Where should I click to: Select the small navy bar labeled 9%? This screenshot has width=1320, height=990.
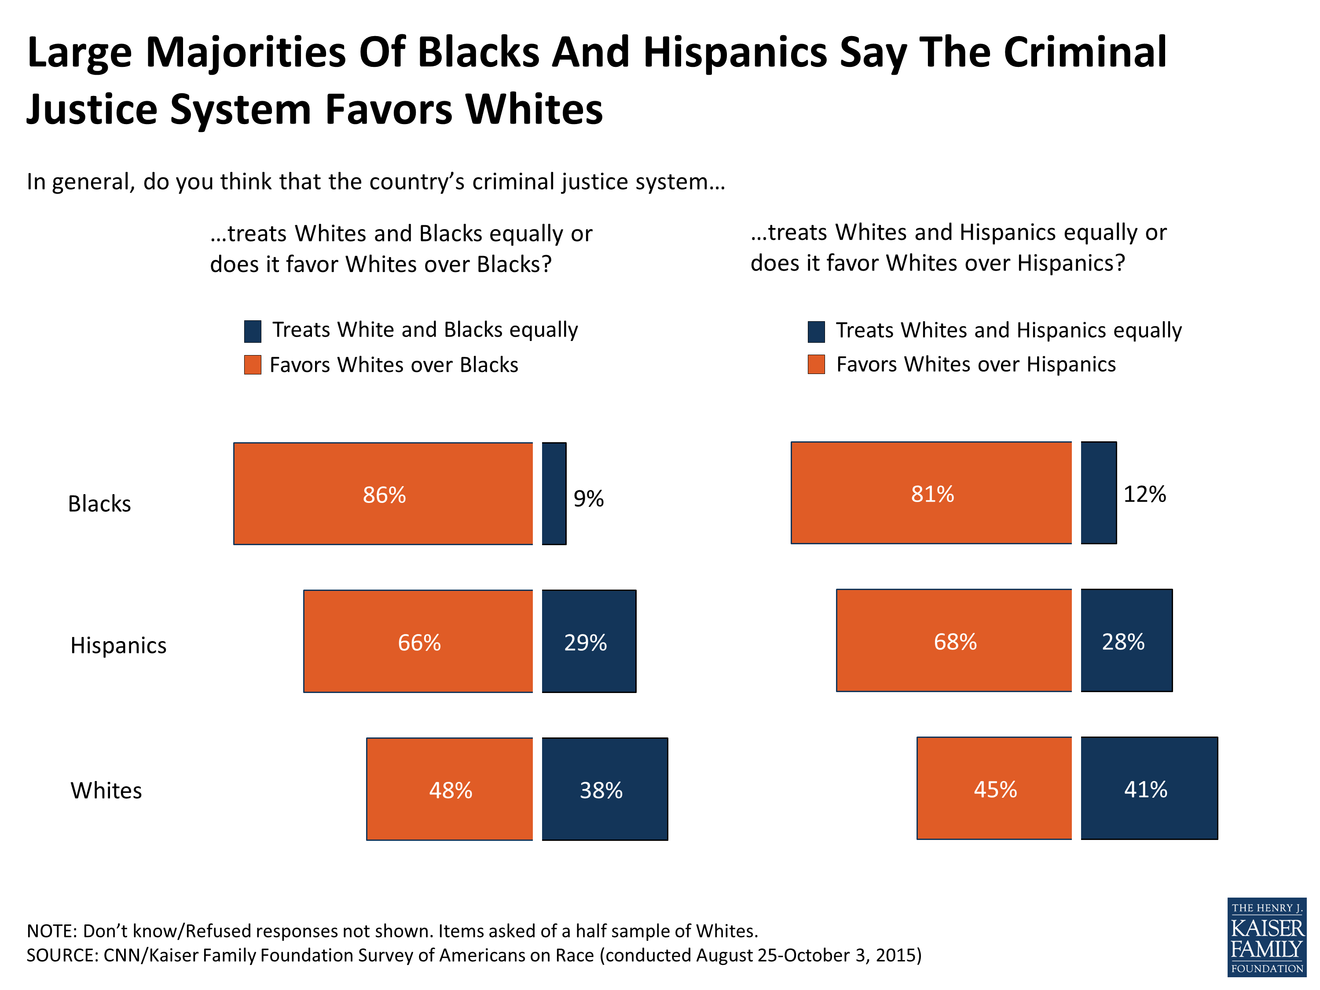(554, 494)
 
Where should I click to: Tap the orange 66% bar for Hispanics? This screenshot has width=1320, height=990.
(418, 641)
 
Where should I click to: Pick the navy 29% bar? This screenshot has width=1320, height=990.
(588, 641)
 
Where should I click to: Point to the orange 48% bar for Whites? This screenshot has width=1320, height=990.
(449, 789)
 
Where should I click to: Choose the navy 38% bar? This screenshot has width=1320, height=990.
(605, 789)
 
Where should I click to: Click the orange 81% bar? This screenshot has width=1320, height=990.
(931, 492)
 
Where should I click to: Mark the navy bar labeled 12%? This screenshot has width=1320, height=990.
(1099, 492)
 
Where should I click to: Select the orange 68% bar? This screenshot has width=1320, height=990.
(953, 640)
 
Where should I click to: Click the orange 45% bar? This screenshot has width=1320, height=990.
(994, 788)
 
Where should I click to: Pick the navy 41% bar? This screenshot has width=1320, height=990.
(1149, 788)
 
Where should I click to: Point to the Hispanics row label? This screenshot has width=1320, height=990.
(118, 645)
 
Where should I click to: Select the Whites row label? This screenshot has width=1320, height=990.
(106, 790)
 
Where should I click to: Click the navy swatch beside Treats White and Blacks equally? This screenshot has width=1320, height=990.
(253, 331)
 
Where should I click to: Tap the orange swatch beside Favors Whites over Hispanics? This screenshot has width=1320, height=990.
(816, 364)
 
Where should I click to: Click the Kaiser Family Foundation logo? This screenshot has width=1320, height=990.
(1266, 937)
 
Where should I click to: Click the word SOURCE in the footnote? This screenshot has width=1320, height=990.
(62, 955)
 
